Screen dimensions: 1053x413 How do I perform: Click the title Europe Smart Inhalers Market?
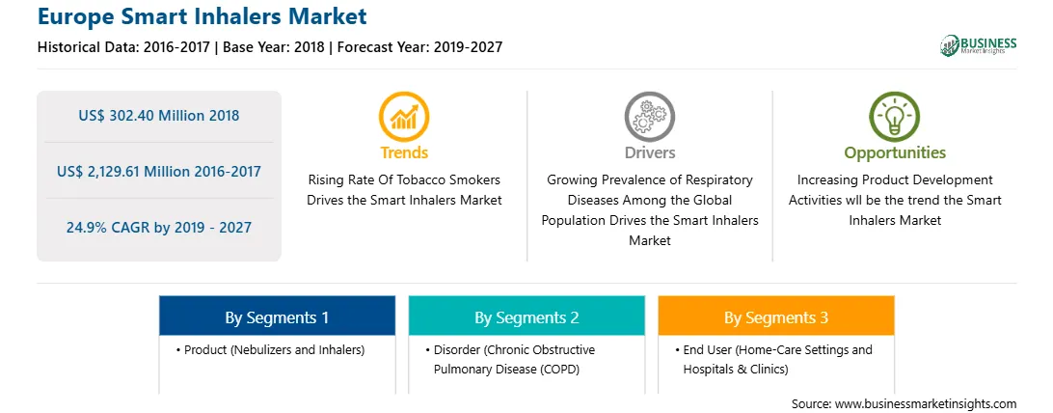click(202, 16)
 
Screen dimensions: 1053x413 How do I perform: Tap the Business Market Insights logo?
click(979, 45)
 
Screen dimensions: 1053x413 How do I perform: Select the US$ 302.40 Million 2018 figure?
click(158, 116)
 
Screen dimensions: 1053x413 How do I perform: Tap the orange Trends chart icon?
click(404, 117)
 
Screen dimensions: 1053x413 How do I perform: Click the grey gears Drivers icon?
click(649, 117)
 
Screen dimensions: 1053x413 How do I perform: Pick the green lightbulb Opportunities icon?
click(895, 117)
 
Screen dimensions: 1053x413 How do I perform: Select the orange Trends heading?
click(404, 153)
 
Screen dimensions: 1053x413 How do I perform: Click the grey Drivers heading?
click(649, 153)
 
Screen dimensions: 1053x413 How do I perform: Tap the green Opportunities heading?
click(895, 153)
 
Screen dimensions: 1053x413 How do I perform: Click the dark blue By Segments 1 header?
click(277, 317)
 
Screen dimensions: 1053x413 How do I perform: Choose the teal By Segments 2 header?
click(526, 317)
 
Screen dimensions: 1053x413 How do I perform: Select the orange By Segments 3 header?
click(776, 317)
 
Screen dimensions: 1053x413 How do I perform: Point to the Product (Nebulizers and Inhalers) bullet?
click(271, 350)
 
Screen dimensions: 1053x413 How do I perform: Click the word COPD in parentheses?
click(560, 369)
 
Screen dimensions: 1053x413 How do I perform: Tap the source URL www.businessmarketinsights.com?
click(926, 403)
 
